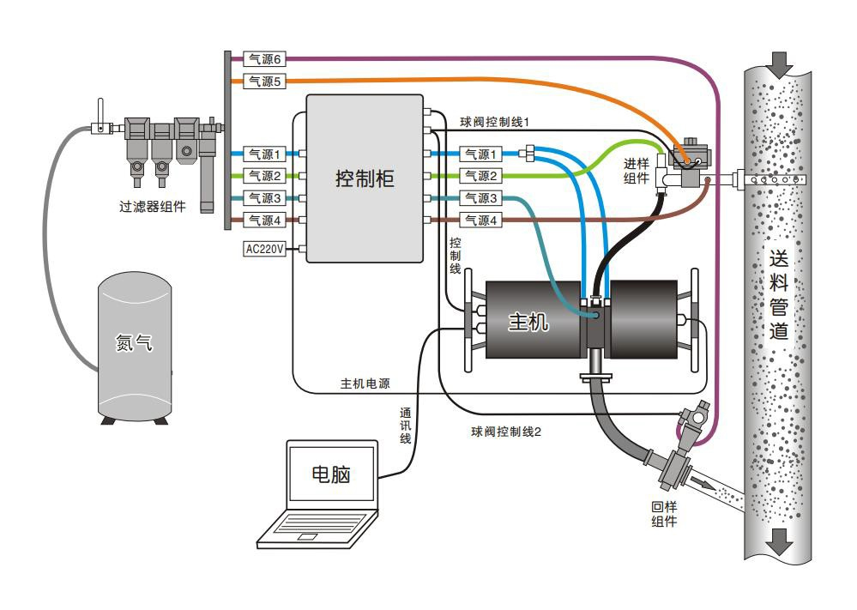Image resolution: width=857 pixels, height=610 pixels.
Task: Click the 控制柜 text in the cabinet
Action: pyautogui.click(x=365, y=178)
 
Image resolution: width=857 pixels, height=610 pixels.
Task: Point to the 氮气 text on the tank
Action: pyautogui.click(x=134, y=341)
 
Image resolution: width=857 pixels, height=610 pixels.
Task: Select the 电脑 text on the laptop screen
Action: pyautogui.click(x=331, y=474)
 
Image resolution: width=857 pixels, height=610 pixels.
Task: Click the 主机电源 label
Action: pyautogui.click(x=365, y=383)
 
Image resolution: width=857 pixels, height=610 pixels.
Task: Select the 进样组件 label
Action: pyautogui.click(x=636, y=170)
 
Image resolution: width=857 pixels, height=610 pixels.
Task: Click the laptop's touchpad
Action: pyautogui.click(x=305, y=536)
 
